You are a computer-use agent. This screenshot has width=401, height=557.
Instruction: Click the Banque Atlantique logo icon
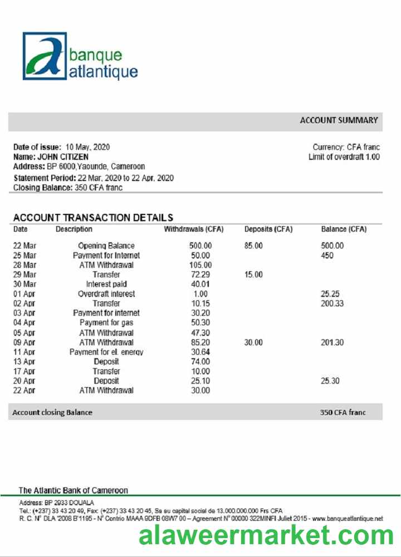pyautogui.click(x=45, y=56)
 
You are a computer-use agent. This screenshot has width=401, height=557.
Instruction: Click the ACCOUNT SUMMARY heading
pyautogui.click(x=339, y=120)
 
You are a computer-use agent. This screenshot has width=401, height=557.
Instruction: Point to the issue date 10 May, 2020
pyautogui.click(x=87, y=147)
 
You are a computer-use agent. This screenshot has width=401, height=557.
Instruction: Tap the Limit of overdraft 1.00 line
pyautogui.click(x=344, y=157)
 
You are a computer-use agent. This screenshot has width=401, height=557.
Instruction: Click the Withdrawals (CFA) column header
pyautogui.click(x=193, y=229)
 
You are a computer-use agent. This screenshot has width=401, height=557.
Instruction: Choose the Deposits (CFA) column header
pyautogui.click(x=268, y=229)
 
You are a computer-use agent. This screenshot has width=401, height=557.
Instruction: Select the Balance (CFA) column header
pyautogui.click(x=344, y=229)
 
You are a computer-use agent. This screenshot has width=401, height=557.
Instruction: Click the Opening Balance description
pyautogui.click(x=106, y=246)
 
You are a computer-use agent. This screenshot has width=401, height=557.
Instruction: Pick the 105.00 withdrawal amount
pyautogui.click(x=200, y=265)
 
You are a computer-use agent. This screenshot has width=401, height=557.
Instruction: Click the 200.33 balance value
pyautogui.click(x=332, y=304)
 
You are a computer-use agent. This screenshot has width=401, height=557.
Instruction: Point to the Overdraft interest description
pyautogui.click(x=106, y=294)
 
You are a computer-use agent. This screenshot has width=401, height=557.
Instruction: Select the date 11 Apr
pyautogui.click(x=24, y=352)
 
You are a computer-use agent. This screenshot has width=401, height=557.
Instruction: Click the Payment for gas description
pyautogui.click(x=106, y=323)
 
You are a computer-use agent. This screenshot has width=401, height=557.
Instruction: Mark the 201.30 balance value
pyautogui.click(x=332, y=343)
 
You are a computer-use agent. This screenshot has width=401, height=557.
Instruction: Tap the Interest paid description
pyautogui.click(x=106, y=284)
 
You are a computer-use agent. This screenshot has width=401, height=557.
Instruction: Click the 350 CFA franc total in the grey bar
pyautogui.click(x=343, y=413)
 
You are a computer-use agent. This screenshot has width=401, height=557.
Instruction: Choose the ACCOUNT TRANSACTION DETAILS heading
pyautogui.click(x=93, y=218)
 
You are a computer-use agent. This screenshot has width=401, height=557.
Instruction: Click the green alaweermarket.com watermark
pyautogui.click(x=266, y=535)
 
